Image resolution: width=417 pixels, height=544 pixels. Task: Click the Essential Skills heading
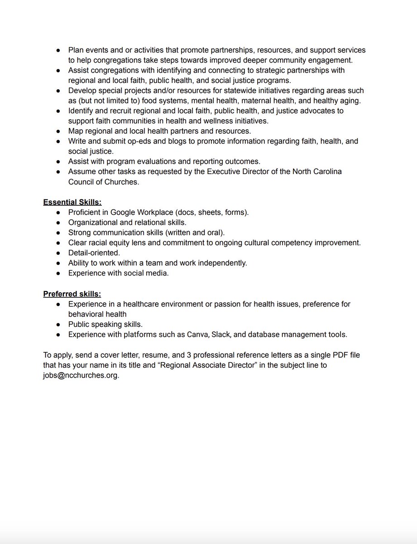tap(72, 202)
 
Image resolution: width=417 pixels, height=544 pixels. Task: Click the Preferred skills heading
tap(72, 294)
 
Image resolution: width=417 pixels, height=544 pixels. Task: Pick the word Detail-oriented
tap(94, 253)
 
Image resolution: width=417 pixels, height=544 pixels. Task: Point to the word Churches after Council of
tap(120, 181)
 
